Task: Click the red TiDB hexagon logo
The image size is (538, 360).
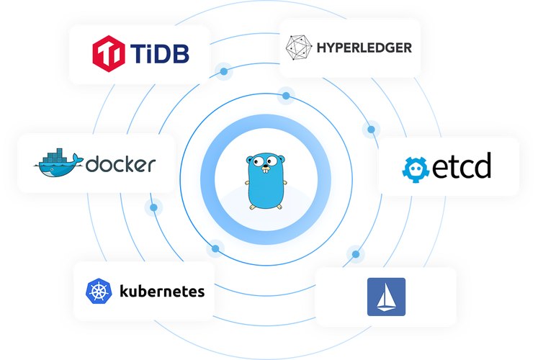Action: pos(109,53)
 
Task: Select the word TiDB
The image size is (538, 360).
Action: pos(160,54)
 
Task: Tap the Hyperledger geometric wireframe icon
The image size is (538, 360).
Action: pos(298,48)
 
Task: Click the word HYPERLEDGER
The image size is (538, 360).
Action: pos(364,48)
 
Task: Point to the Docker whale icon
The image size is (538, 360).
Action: pos(58,163)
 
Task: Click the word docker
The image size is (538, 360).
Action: pos(120,164)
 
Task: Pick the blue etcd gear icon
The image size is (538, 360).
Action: pos(416,169)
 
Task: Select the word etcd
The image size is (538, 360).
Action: pos(462,166)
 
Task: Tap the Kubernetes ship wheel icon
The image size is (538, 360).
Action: pos(99,291)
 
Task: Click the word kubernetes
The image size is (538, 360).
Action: pos(162,292)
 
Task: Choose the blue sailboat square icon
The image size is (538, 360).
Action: pos(386,297)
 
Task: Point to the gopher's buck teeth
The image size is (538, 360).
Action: pos(266,171)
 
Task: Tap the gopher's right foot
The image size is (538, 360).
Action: pos(279,207)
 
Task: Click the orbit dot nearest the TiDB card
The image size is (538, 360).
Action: pos(224,71)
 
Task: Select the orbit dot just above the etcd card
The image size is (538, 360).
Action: pos(371,130)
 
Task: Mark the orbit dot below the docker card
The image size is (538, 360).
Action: pos(153,207)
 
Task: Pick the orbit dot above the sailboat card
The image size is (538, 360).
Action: pos(356,254)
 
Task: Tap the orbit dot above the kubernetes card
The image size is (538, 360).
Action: pos(215,248)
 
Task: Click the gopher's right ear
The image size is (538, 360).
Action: pos(282,158)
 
